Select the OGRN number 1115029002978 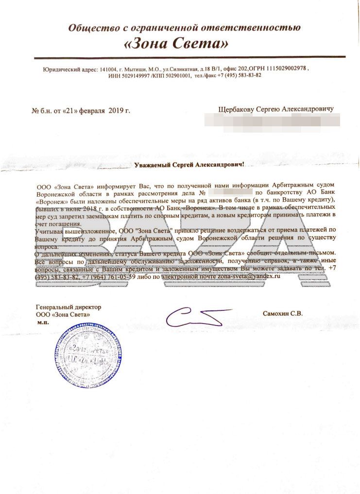(x=286, y=69)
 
